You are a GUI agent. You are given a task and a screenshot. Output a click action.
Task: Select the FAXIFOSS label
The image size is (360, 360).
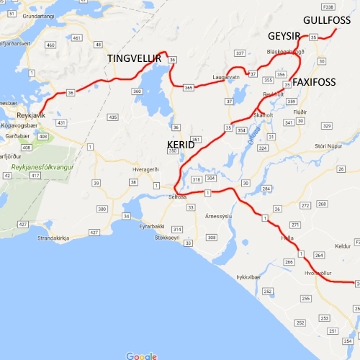314,82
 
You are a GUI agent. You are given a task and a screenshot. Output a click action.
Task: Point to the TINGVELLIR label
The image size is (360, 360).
134,58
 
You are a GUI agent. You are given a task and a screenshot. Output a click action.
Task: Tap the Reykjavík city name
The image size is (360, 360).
31,114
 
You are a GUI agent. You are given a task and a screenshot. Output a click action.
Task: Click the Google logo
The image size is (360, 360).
141,356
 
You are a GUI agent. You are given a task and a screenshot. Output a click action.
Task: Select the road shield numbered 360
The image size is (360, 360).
137,92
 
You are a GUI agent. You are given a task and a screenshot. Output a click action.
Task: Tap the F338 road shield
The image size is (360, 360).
329,6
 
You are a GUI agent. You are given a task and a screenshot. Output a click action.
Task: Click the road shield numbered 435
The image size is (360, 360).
112,117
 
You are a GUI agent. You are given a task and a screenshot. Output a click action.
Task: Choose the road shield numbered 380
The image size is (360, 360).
102,209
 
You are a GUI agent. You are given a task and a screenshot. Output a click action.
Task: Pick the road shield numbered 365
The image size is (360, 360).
189,87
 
